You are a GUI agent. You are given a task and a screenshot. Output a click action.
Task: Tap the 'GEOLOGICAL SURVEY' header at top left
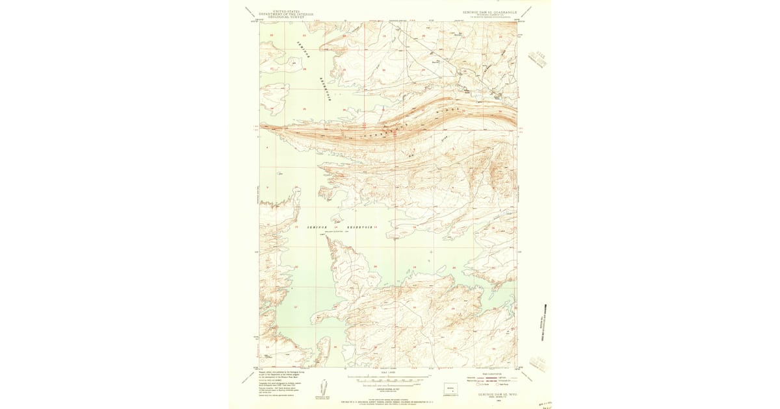(286, 16)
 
